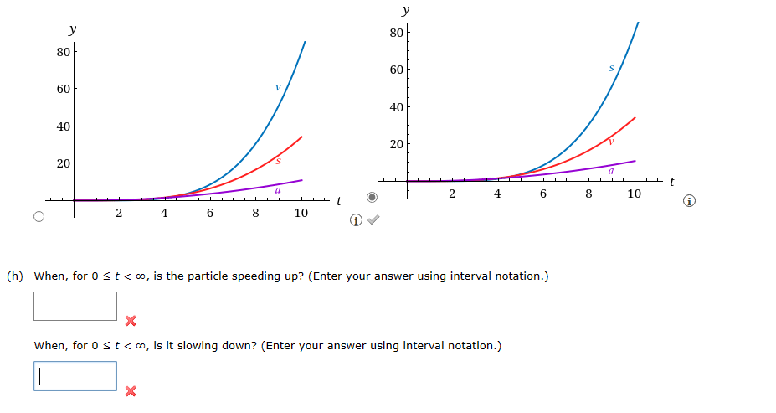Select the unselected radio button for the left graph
click(x=39, y=216)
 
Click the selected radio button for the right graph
click(x=373, y=199)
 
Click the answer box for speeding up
click(x=75, y=306)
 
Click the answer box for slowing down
click(x=75, y=376)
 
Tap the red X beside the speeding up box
click(x=130, y=321)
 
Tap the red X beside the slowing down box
click(x=130, y=391)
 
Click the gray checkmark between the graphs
click(x=374, y=220)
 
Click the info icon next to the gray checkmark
click(x=357, y=220)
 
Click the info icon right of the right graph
click(x=688, y=201)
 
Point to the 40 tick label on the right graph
click(x=397, y=107)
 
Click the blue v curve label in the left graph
click(x=278, y=86)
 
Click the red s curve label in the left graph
click(x=278, y=160)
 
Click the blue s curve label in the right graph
click(x=611, y=67)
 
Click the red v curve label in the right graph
click(x=611, y=141)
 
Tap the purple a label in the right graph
click(x=611, y=171)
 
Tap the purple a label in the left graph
click(x=278, y=191)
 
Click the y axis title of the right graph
click(x=406, y=10)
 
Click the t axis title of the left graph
click(x=338, y=200)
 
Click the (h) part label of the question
click(x=14, y=276)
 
